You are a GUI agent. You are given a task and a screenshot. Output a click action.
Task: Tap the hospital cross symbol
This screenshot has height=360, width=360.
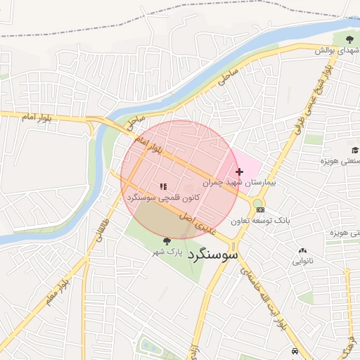(x=240, y=172)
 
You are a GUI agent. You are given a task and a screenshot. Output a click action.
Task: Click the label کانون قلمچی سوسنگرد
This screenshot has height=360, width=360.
(x=163, y=198)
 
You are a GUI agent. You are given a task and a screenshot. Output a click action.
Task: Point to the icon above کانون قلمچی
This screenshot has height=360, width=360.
(x=163, y=186)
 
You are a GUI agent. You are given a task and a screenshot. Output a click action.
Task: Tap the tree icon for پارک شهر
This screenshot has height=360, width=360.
(x=167, y=241)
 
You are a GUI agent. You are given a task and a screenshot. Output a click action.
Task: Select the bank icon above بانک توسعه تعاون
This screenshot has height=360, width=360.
(x=260, y=210)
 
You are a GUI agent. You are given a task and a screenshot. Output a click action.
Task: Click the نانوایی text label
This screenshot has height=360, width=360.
(x=303, y=261)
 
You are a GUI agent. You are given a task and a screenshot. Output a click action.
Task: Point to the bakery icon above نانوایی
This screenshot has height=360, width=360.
(x=303, y=250)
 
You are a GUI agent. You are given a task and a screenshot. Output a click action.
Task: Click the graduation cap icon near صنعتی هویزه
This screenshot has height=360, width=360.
(x=355, y=150)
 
